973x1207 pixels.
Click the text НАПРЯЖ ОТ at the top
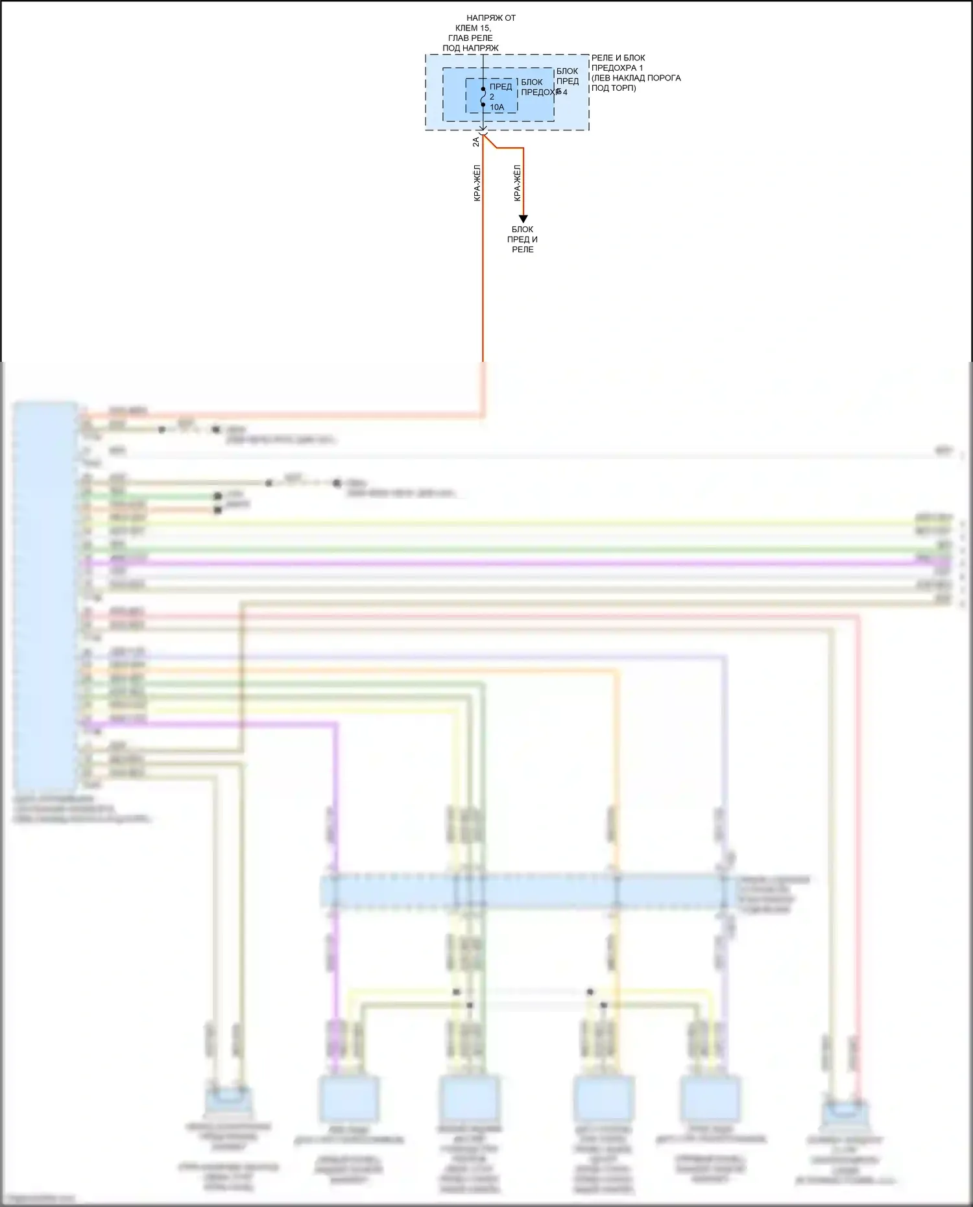(491, 18)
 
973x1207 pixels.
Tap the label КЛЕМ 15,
(473, 28)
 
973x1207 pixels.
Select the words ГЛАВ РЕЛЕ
(470, 38)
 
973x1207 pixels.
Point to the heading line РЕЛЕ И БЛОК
(618, 58)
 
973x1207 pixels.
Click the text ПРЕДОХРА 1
(617, 67)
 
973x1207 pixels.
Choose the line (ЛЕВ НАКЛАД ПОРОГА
(636, 78)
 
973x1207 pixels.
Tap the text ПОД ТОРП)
(613, 88)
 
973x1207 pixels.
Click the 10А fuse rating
(497, 107)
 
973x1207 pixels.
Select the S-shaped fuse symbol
(483, 97)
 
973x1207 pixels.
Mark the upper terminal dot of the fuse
(483, 89)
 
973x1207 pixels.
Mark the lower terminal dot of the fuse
(483, 104)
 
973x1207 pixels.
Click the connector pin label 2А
(476, 141)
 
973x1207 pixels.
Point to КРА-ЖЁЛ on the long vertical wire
(477, 183)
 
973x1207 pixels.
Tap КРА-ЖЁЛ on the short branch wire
(518, 183)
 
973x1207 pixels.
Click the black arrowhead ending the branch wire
(523, 219)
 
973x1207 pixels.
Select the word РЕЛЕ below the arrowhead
(522, 249)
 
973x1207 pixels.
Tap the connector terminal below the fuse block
(483, 134)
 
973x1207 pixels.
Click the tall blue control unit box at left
(45, 593)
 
